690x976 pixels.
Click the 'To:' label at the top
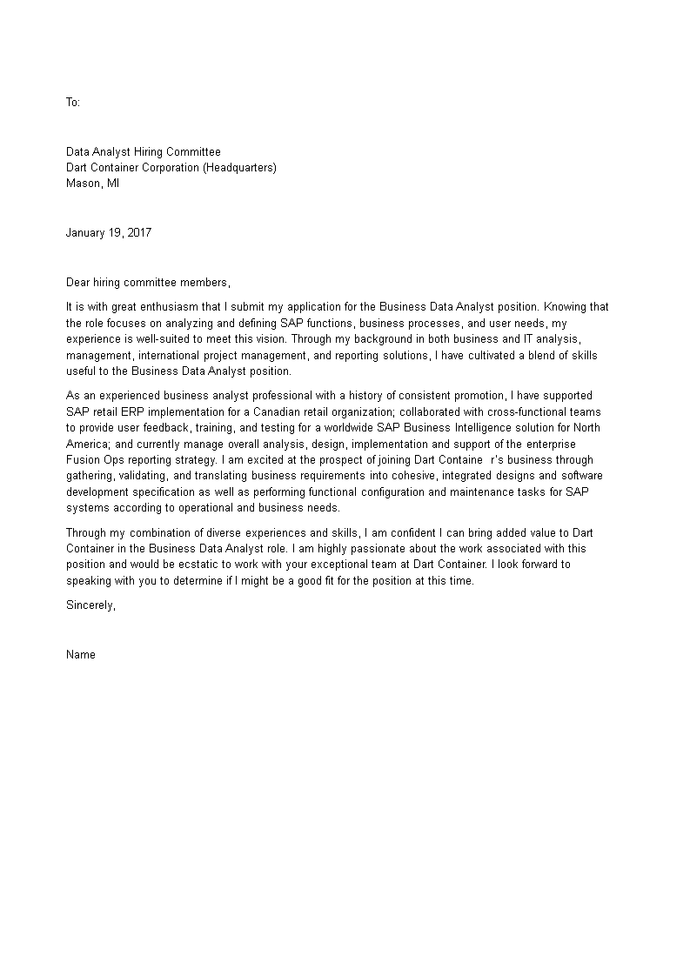point(73,103)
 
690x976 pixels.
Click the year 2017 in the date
point(139,232)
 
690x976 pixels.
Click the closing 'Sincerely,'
point(90,605)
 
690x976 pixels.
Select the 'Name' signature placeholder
point(81,655)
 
